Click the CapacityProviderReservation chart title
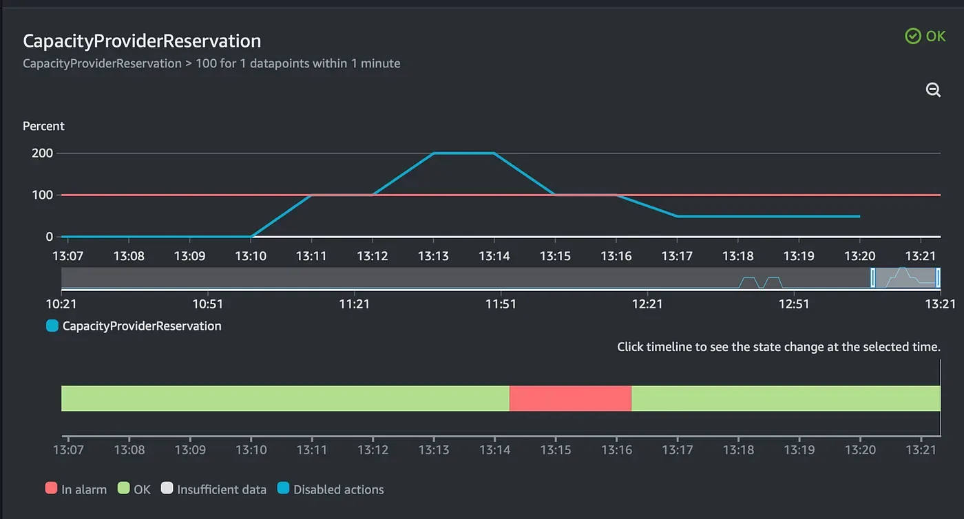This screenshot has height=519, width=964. point(142,41)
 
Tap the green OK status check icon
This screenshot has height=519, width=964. point(913,36)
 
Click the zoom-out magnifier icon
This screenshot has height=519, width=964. point(933,90)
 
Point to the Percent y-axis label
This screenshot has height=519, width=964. point(43,126)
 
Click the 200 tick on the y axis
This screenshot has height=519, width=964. point(42,153)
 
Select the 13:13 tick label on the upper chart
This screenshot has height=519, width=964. point(433,256)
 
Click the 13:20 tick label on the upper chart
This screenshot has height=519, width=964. point(860,256)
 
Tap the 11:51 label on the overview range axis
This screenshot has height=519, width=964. point(501,304)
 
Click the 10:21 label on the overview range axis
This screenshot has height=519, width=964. point(61,304)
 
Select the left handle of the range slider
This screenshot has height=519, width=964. point(873,277)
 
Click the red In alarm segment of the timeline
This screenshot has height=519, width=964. point(570,398)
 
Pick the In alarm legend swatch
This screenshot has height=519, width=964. point(51,488)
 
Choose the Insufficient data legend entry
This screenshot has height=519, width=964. point(213,489)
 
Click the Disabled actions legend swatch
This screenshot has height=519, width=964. point(283,488)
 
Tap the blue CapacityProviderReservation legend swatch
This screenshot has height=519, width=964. point(52,326)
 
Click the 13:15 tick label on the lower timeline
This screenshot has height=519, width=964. point(556,449)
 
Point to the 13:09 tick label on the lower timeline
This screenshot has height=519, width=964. point(190,449)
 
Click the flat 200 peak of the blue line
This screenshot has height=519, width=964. point(464,153)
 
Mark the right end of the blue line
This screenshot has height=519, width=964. point(859,216)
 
